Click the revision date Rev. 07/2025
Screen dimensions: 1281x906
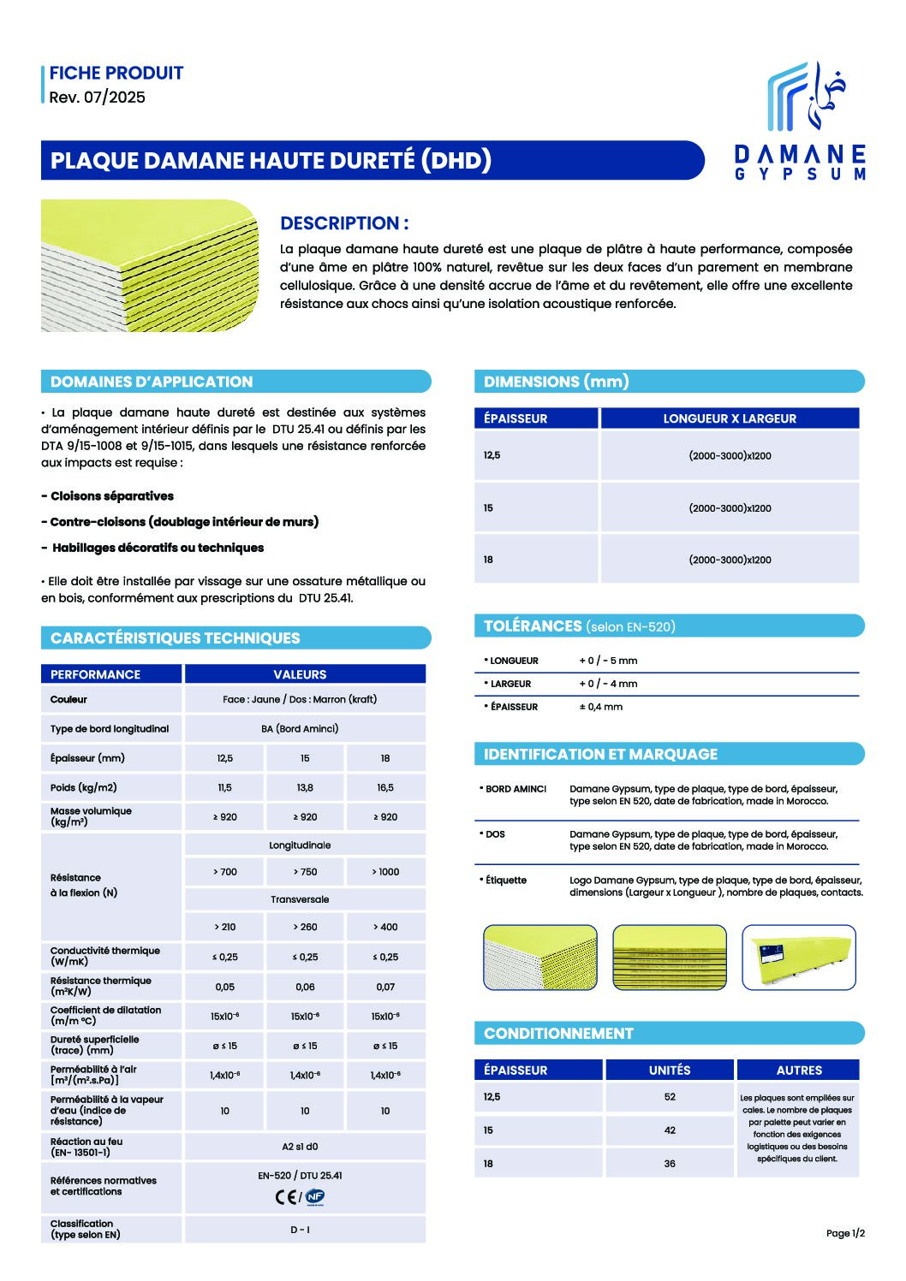coord(98,98)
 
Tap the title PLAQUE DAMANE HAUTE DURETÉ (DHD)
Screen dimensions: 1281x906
coord(271,161)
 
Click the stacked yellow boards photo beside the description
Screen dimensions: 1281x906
coord(150,265)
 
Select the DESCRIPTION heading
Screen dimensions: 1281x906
coord(344,223)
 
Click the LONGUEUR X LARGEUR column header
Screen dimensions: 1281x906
coord(730,418)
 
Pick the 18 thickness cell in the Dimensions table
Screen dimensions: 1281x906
coord(488,560)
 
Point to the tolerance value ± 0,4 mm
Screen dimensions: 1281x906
coord(601,707)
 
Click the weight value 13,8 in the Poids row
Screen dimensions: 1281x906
coord(305,787)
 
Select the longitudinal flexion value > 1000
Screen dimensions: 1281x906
coord(385,872)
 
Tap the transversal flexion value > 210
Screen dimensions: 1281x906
coord(225,927)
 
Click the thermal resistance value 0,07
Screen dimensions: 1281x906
coord(385,987)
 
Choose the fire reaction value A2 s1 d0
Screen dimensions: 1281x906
coord(300,1147)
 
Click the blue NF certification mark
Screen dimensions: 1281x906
coord(315,1197)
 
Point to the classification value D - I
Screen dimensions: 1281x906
coord(300,1230)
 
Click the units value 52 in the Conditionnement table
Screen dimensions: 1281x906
coord(670,1096)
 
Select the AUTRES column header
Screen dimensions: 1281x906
coord(799,1070)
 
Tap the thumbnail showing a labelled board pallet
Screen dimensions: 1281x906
coord(798,958)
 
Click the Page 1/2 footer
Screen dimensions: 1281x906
coord(845,1233)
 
